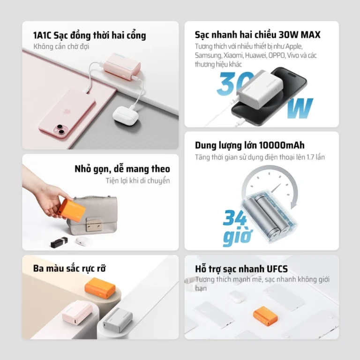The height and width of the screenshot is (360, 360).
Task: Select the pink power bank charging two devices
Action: click(x=122, y=67)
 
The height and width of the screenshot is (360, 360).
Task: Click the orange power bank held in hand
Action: click(x=72, y=208)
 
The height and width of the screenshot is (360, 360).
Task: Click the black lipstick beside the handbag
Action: click(x=59, y=242)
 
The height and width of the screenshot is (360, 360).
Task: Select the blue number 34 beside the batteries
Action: click(x=234, y=217)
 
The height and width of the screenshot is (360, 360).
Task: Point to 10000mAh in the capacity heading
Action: click(x=282, y=145)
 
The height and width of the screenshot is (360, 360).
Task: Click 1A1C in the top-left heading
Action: click(x=42, y=35)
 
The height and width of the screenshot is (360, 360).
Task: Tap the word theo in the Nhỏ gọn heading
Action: click(x=160, y=169)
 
